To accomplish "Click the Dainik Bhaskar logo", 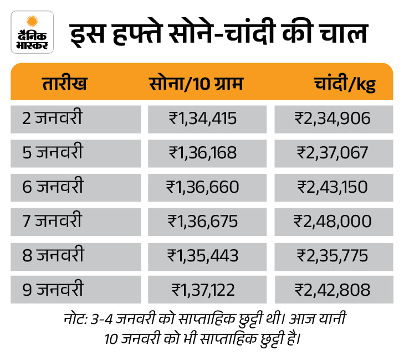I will (x=32, y=32).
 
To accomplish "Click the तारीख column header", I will (x=64, y=85).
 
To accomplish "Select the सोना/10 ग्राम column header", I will (x=196, y=85).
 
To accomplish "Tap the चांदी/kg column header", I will (x=344, y=85).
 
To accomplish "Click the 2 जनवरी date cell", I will (x=53, y=118).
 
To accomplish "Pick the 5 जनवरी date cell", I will (x=53, y=152).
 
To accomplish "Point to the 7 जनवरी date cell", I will (x=53, y=222).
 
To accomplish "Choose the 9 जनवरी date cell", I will (x=53, y=290).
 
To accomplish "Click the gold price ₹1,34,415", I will (x=202, y=119).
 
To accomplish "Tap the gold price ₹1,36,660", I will (x=202, y=187).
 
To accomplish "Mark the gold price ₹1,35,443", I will (x=202, y=256).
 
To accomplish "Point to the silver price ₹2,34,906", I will (x=333, y=119).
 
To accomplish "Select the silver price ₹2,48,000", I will (x=333, y=222).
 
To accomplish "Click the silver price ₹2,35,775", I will (x=333, y=256).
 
